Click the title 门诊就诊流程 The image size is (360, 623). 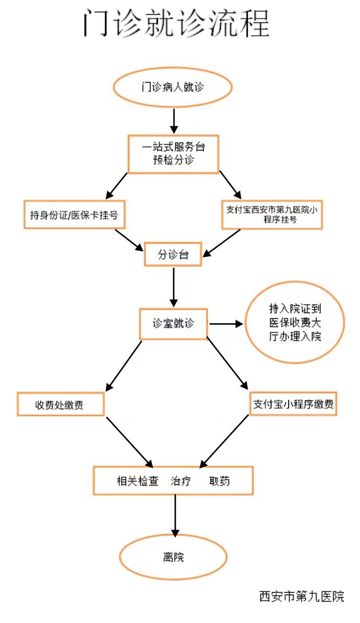[x=176, y=22]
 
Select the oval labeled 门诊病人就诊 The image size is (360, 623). [x=172, y=88]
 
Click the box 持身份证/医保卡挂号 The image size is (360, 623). [x=74, y=214]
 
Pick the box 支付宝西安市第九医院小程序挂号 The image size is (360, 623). [x=272, y=214]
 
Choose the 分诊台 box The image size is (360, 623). [x=173, y=254]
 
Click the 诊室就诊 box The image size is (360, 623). [x=173, y=323]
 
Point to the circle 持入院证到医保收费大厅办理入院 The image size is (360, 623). [x=295, y=323]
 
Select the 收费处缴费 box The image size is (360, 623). [x=61, y=405]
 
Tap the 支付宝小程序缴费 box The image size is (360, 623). [x=294, y=404]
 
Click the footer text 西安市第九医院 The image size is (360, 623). [x=301, y=596]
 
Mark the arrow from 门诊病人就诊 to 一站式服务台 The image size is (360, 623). [x=173, y=121]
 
